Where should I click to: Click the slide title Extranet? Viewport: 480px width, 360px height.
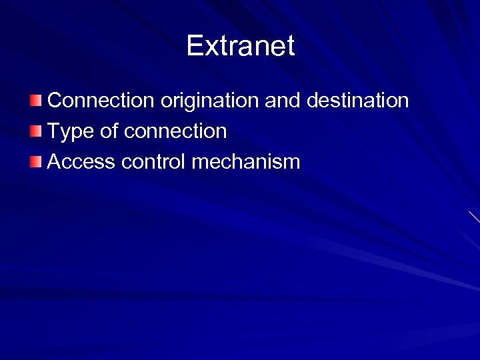click(x=240, y=46)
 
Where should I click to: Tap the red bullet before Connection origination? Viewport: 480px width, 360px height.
click(x=35, y=101)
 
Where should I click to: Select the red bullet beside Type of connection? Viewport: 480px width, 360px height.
click(x=35, y=131)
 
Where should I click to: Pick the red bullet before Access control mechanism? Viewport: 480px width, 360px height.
click(x=35, y=161)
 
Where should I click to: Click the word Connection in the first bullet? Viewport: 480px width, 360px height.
click(x=101, y=101)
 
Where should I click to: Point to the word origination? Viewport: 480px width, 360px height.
click(x=209, y=101)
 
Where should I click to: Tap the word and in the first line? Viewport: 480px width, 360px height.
click(x=283, y=101)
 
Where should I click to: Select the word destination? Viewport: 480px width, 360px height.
click(x=357, y=101)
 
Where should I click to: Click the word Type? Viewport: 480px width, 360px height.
click(x=71, y=132)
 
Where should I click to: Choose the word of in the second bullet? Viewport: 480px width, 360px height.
click(x=109, y=131)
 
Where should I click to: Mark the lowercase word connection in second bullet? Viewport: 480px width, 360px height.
click(x=175, y=131)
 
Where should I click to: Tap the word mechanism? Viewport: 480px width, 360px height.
click(x=246, y=162)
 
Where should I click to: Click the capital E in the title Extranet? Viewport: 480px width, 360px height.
click(x=195, y=46)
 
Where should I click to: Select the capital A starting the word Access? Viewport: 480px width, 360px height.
click(x=55, y=162)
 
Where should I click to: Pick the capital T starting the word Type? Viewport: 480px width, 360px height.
click(x=54, y=131)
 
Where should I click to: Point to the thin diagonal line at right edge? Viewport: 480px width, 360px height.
click(x=474, y=217)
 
